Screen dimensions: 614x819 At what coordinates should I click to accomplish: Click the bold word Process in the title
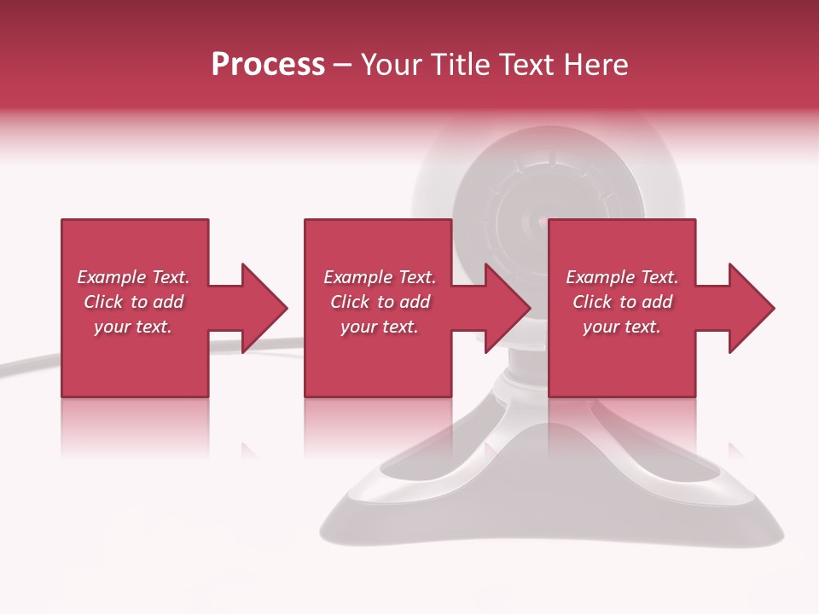tap(268, 65)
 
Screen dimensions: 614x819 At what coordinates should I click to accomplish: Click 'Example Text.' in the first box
tap(133, 277)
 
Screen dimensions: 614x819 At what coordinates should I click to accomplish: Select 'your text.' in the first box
tap(133, 327)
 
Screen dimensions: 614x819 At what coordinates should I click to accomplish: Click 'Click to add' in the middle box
tap(380, 302)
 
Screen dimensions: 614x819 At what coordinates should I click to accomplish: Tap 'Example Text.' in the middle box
tap(380, 277)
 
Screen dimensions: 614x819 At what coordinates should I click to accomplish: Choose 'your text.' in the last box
tap(622, 327)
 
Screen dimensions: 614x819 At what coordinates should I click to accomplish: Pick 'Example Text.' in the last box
tap(622, 277)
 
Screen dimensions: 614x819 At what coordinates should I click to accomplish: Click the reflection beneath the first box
tap(135, 426)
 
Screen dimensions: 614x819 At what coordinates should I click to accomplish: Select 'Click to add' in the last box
tap(622, 302)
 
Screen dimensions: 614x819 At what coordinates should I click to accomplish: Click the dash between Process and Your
tap(343, 66)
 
